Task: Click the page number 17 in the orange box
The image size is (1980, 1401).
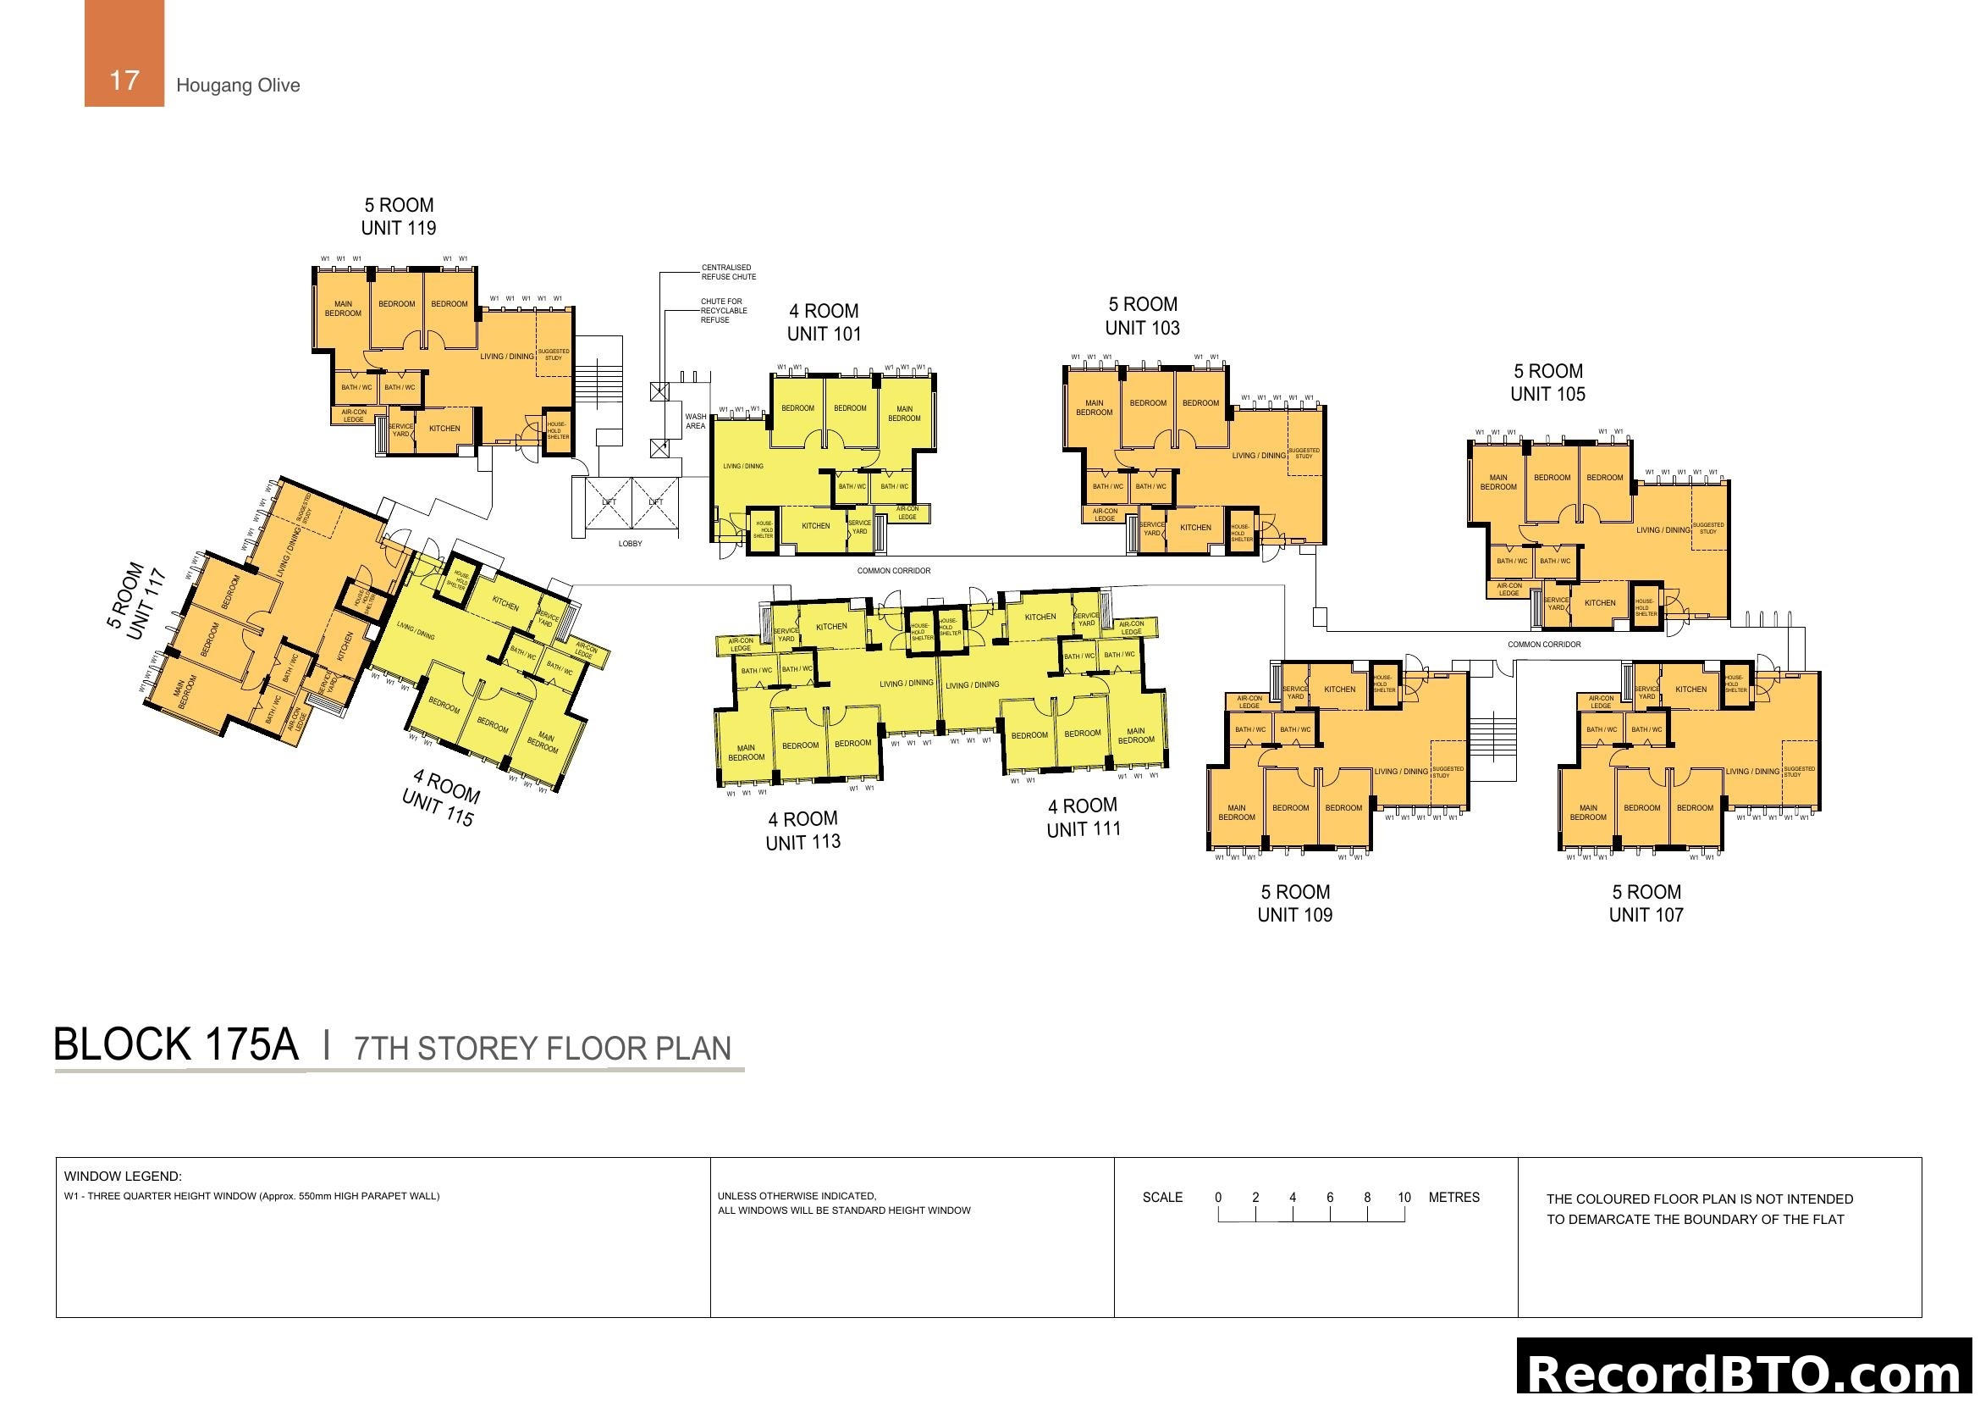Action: (124, 80)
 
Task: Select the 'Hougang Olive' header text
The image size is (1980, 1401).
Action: (238, 86)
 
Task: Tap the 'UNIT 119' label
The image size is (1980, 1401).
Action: (399, 229)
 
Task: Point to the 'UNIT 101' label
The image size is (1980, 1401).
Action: (825, 335)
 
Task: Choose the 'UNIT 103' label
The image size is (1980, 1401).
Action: (1143, 328)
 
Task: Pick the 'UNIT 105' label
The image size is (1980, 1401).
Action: (1548, 394)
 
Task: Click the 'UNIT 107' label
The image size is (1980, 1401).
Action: (1646, 916)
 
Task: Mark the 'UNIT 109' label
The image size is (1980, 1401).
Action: (1295, 916)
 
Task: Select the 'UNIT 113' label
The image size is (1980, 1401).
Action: (802, 842)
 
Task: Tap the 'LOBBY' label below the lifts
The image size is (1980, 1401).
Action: (631, 544)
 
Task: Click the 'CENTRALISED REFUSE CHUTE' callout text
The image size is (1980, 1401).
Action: (729, 272)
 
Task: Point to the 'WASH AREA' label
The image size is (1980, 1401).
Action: (696, 421)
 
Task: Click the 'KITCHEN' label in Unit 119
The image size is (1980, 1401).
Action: (445, 428)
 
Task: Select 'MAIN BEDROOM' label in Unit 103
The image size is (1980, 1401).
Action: (1095, 407)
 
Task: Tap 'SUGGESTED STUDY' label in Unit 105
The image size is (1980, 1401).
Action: (1707, 528)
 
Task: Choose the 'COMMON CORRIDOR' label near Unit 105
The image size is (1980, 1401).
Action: (1544, 645)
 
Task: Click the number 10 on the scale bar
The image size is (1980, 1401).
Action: (1404, 1198)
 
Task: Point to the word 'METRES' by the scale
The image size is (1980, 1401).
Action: (1454, 1198)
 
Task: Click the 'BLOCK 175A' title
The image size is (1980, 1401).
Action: (176, 1044)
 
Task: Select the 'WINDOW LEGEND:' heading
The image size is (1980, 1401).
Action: (123, 1176)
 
